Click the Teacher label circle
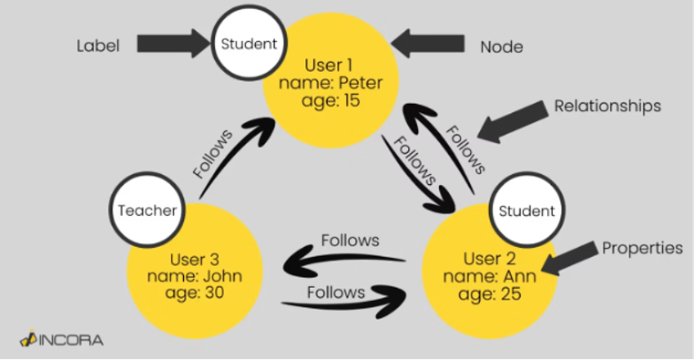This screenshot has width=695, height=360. (x=147, y=210)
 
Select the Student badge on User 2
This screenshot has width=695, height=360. (x=525, y=211)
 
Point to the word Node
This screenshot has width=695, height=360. (x=501, y=47)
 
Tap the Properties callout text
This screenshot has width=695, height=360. (x=642, y=248)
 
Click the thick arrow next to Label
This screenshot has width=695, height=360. (x=173, y=44)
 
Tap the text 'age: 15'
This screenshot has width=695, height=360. (x=330, y=101)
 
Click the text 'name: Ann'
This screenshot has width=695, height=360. (x=489, y=276)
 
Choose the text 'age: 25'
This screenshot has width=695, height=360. (x=488, y=294)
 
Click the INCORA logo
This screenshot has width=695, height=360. (x=61, y=337)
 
